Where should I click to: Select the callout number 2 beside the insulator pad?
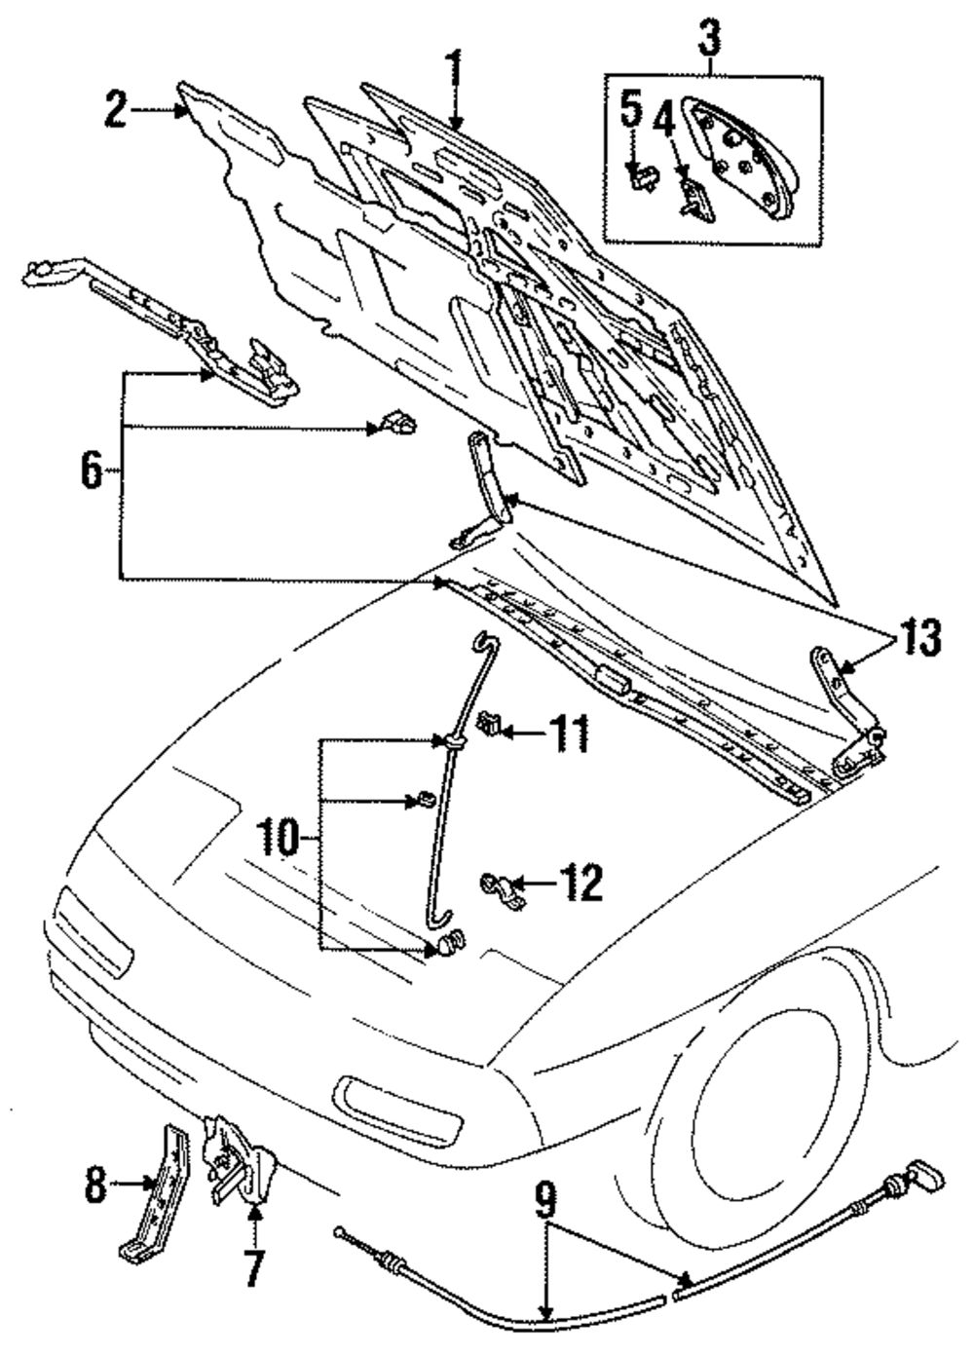116,110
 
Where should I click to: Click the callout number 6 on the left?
91,471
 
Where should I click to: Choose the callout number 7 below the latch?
253,1267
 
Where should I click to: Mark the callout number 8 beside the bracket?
94,1185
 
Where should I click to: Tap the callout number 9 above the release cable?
546,1199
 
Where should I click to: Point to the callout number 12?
581,883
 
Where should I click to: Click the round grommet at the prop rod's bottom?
448,943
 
